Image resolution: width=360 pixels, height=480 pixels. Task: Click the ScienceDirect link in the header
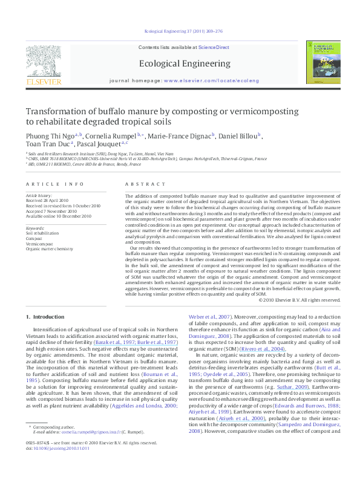pyautogui.click(x=212, y=47)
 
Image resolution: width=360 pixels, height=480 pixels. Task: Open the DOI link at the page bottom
pyautogui.click(x=59, y=465)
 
